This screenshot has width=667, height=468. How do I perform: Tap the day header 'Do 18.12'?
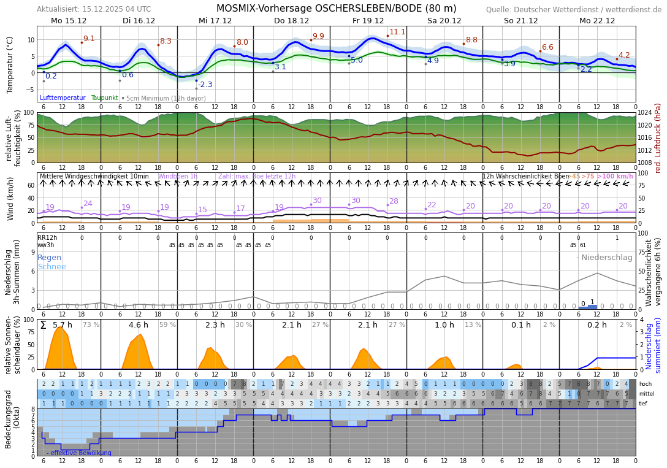click(x=291, y=21)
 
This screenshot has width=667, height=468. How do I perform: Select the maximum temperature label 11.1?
click(x=397, y=32)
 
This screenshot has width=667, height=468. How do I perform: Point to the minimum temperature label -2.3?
click(x=205, y=85)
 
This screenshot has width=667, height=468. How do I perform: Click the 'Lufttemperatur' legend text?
click(x=63, y=98)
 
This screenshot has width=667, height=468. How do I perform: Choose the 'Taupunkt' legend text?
click(x=104, y=98)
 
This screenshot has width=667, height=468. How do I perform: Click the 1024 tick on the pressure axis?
click(x=644, y=113)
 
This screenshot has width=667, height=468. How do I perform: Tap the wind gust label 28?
click(x=394, y=201)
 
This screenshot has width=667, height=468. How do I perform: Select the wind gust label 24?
click(x=88, y=204)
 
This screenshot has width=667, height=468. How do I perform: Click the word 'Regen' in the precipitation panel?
click(x=50, y=258)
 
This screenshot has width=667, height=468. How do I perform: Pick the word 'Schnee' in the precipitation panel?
click(x=51, y=267)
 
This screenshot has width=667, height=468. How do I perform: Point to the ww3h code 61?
click(x=582, y=245)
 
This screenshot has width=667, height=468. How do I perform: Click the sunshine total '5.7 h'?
click(x=63, y=325)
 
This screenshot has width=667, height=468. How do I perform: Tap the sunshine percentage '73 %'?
click(x=91, y=325)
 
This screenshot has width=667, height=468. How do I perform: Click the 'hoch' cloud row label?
click(x=645, y=384)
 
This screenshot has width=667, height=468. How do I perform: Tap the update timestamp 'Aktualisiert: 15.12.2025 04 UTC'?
click(x=93, y=9)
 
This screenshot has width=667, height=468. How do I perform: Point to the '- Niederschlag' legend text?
click(x=604, y=258)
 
